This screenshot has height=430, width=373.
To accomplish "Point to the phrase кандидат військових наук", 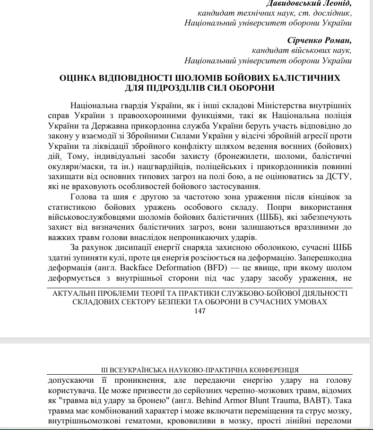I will point(301,51).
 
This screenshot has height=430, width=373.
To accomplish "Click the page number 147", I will point(200,311).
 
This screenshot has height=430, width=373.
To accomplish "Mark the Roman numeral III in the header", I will point(105,370).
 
